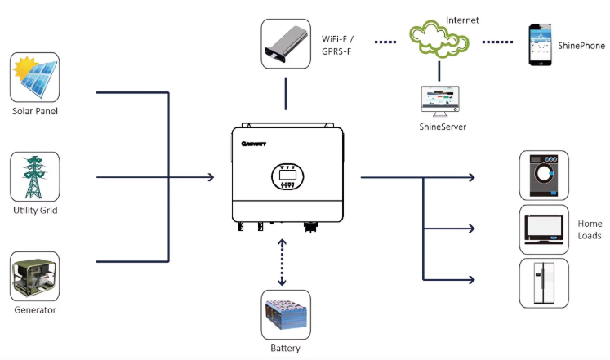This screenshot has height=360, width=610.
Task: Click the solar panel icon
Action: pos(34,78)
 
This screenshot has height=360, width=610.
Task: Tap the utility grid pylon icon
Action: pos(35,176)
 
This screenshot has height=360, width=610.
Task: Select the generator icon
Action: pos(34,276)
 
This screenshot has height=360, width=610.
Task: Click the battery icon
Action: pos(286,314)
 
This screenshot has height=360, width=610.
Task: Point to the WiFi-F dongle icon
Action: pos(286,44)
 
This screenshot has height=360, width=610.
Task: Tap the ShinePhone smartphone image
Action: pos(540,45)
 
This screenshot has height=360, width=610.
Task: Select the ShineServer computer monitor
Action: pos(440,101)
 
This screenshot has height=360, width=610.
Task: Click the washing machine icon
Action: pos(544,176)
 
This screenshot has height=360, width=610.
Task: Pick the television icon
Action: pos(544,229)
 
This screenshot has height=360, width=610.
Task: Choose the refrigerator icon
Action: pos(544,283)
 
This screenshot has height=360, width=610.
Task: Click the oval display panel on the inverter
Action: pos(287,176)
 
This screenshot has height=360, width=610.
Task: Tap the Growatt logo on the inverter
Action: pos(254,144)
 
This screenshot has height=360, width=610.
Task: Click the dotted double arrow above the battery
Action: pos(282,262)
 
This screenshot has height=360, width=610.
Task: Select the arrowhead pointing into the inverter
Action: pos(211,177)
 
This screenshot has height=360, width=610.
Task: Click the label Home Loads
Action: pos(590,229)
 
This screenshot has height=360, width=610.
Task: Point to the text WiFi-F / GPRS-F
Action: pos(337,45)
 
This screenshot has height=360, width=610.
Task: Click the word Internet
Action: pos(462,20)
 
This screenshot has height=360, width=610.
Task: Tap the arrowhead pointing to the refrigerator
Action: pos(471,279)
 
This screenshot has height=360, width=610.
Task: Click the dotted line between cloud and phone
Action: pos(497,42)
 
